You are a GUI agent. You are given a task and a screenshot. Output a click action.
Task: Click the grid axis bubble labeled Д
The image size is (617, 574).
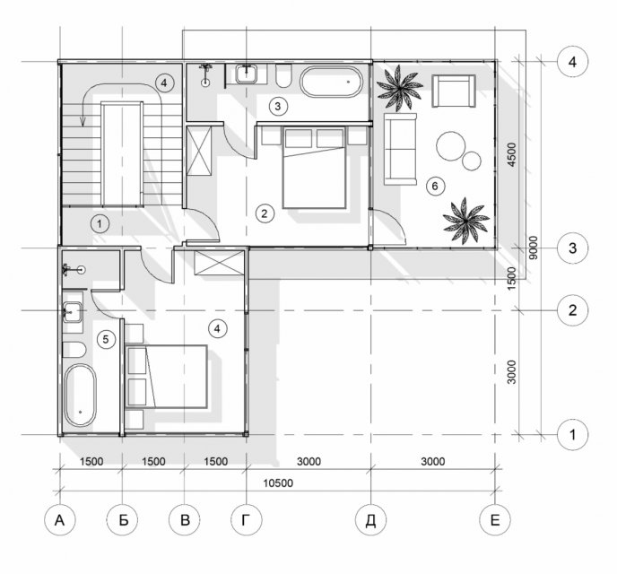point(370,520)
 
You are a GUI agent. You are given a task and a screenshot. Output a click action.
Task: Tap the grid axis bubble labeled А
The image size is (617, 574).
point(60,520)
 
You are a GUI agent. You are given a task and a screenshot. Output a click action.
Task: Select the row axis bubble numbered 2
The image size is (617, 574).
point(572,310)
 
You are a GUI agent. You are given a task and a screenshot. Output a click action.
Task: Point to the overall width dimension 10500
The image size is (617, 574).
point(278,483)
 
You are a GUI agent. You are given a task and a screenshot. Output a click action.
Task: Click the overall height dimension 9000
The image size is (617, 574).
point(534,248)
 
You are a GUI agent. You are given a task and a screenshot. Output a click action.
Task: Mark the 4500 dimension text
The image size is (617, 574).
point(511,154)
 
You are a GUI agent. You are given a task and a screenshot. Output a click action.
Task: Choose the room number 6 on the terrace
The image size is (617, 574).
point(435,186)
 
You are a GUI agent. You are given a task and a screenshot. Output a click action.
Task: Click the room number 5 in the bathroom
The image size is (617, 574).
point(106,339)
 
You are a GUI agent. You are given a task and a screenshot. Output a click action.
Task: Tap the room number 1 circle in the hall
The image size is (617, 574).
point(100,224)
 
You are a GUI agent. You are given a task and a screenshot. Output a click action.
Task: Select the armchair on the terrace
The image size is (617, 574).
point(454,91)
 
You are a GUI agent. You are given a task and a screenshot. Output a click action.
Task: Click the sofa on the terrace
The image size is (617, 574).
point(400,149)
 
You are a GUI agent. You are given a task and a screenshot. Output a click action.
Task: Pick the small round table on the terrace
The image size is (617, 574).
point(472,161)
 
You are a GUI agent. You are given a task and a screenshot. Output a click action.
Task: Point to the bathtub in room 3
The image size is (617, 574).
point(331,82)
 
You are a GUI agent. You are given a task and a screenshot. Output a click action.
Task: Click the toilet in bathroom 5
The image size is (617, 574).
point(74,350)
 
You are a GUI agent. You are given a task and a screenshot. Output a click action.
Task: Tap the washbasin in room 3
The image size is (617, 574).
point(247,74)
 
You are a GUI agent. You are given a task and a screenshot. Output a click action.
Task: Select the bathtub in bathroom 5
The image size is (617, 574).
point(80,396)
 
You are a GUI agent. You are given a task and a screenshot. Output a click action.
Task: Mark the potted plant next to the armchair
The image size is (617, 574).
point(400,88)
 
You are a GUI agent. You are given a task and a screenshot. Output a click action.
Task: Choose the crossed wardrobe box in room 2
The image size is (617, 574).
point(199,151)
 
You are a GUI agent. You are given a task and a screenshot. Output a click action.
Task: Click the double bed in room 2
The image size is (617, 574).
point(315,167)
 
